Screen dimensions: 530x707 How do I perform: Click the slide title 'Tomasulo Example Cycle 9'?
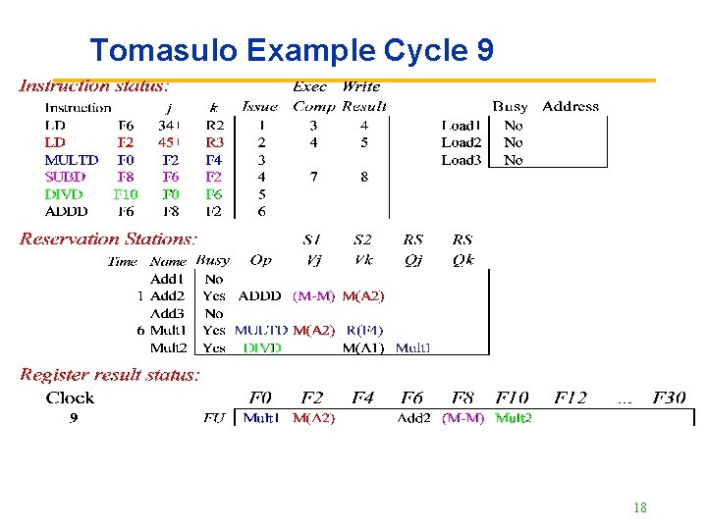(x=292, y=50)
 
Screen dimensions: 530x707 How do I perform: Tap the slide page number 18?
(x=640, y=507)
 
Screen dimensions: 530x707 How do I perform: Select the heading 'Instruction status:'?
(x=94, y=86)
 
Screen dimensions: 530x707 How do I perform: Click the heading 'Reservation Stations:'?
(x=108, y=238)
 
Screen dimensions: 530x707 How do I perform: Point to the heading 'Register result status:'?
(x=110, y=374)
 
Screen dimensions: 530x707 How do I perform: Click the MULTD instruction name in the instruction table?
(x=72, y=160)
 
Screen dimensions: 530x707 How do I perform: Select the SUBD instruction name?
(x=66, y=177)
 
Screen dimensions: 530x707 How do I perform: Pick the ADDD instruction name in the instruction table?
(x=67, y=211)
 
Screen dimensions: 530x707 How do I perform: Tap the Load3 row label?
(x=462, y=160)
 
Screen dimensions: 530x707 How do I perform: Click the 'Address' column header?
(x=571, y=106)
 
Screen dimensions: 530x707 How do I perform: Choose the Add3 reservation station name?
(x=167, y=313)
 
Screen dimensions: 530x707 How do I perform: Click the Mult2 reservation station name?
(x=168, y=347)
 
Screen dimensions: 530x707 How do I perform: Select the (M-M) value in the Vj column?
(x=314, y=295)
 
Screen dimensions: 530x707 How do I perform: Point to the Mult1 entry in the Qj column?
(x=412, y=347)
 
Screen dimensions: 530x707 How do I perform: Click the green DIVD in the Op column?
(x=262, y=347)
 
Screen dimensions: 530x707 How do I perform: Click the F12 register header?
(x=571, y=397)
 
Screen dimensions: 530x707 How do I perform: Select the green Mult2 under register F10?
(x=514, y=418)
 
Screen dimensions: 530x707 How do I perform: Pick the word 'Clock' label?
(x=70, y=397)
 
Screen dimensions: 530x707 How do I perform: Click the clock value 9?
(x=73, y=418)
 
